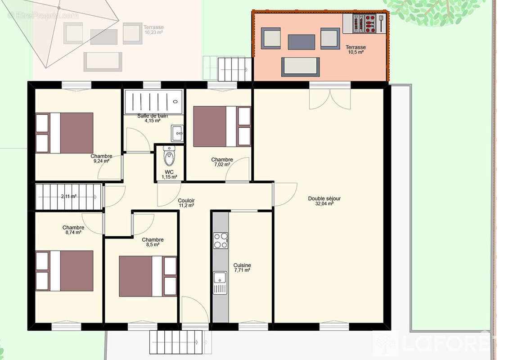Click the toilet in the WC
pyautogui.click(x=169, y=157)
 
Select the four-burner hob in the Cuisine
pyautogui.click(x=221, y=240)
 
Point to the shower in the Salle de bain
pyautogui.click(x=153, y=101)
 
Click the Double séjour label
pyautogui.click(x=324, y=198)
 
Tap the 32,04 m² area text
pyautogui.click(x=324, y=204)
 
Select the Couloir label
pyautogui.click(x=186, y=200)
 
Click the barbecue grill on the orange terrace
pyautogui.click(x=365, y=23)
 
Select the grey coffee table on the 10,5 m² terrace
pyautogui.click(x=301, y=42)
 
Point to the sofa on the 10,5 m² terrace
pyautogui.click(x=301, y=67)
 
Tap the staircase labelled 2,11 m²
pyautogui.click(x=68, y=197)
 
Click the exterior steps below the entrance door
pyautogui.click(x=176, y=342)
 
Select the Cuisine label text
pyautogui.click(x=242, y=265)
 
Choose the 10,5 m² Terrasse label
pyautogui.click(x=356, y=49)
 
